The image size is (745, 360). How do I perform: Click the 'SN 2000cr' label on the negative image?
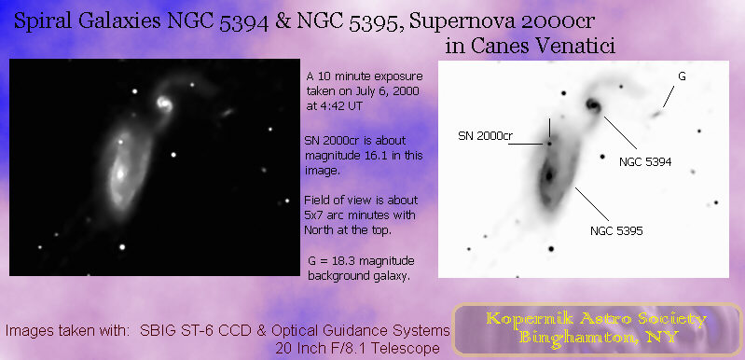point(486,136)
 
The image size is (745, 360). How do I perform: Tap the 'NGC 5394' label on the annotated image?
point(645,161)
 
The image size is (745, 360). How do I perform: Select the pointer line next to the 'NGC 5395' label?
point(588,204)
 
